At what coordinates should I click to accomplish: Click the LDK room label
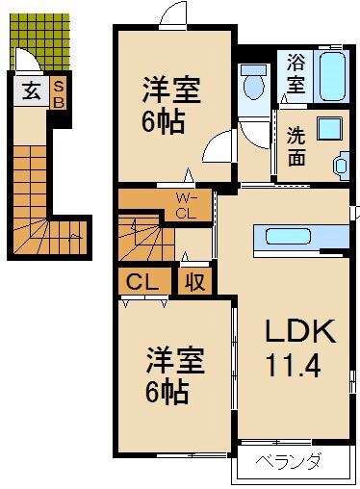(x=300, y=332)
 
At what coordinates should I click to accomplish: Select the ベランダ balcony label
(x=287, y=460)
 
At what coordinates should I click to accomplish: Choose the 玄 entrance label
(x=31, y=92)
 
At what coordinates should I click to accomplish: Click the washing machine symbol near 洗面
(x=343, y=165)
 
